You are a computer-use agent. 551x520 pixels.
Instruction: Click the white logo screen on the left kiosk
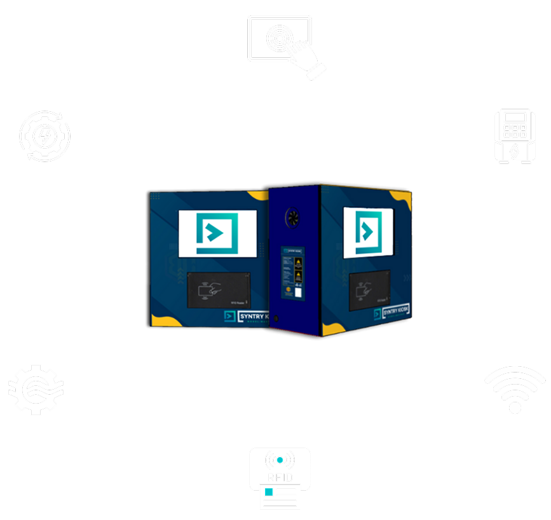217,233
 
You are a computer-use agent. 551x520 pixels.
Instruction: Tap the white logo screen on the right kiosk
367,231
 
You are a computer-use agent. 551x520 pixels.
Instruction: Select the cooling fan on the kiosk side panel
294,216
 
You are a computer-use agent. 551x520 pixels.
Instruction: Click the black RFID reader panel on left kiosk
219,290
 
